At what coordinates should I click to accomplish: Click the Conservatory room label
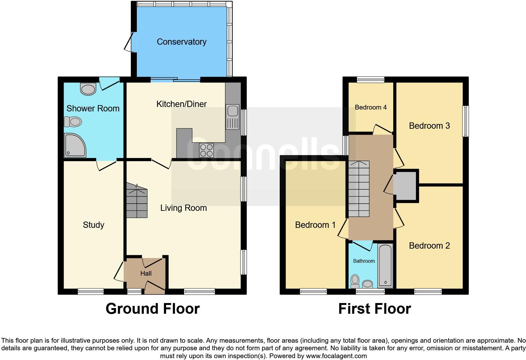(182, 42)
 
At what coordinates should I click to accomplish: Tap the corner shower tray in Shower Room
(75, 145)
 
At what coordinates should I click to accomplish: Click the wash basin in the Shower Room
(88, 89)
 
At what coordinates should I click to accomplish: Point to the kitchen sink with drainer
(232, 117)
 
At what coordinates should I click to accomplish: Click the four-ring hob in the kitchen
(206, 150)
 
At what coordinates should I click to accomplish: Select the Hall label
(146, 273)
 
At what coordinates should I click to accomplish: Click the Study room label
(93, 225)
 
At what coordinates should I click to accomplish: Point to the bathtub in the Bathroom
(385, 266)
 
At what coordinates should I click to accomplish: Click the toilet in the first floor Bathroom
(355, 281)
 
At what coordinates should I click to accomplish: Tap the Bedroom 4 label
(371, 107)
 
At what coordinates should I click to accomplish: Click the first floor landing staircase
(359, 189)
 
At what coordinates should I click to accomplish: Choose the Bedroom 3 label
(429, 126)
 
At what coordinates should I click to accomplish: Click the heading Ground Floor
(153, 309)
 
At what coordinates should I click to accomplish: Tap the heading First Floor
(374, 309)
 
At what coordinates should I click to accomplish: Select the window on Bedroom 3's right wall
(465, 121)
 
